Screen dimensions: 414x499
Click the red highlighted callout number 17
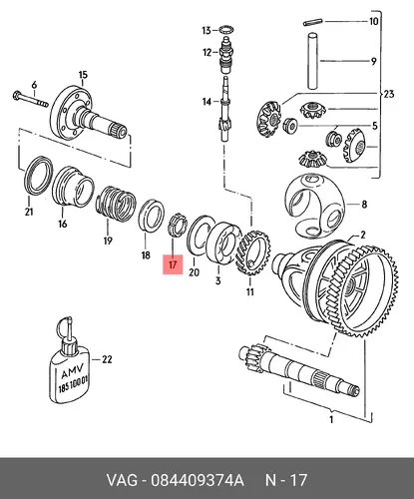pyautogui.click(x=173, y=264)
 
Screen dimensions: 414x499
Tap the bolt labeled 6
pyautogui.click(x=31, y=99)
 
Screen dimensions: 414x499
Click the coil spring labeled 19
pyautogui.click(x=116, y=205)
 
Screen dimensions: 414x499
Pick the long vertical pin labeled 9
pyautogui.click(x=313, y=61)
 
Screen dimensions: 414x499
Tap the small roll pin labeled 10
pyautogui.click(x=312, y=22)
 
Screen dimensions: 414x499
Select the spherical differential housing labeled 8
pyautogui.click(x=314, y=206)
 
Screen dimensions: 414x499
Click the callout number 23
pyautogui.click(x=388, y=94)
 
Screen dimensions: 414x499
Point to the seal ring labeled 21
pyautogui.click(x=38, y=176)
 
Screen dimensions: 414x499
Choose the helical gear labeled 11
pyautogui.click(x=252, y=252)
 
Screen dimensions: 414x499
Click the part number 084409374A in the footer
pyautogui.click(x=198, y=481)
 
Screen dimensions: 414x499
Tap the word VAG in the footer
pyautogui.click(x=122, y=481)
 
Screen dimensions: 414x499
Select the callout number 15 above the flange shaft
pyautogui.click(x=83, y=75)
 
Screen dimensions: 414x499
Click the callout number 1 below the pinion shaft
pyautogui.click(x=331, y=419)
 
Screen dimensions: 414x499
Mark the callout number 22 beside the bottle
pyautogui.click(x=107, y=359)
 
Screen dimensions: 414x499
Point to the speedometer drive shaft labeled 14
pyautogui.click(x=225, y=109)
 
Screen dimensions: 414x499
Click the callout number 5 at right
pyautogui.click(x=375, y=126)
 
